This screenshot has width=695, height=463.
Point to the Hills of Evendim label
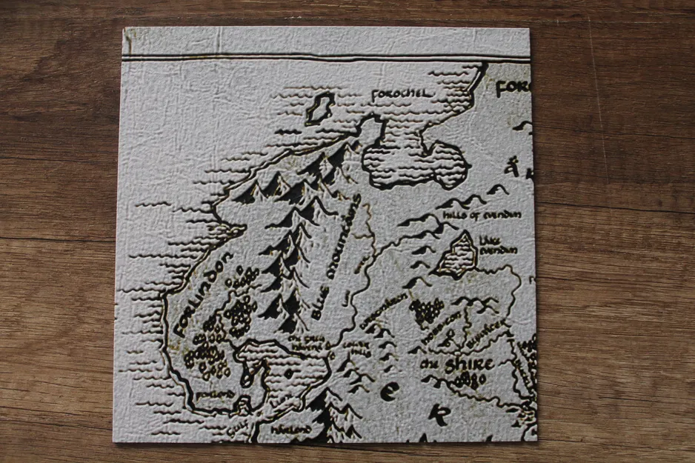click(x=482, y=215)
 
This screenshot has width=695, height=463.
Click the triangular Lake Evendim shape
click(x=458, y=254)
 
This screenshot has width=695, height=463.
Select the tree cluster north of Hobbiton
click(x=426, y=311)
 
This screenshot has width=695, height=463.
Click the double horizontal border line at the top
click(x=326, y=57)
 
